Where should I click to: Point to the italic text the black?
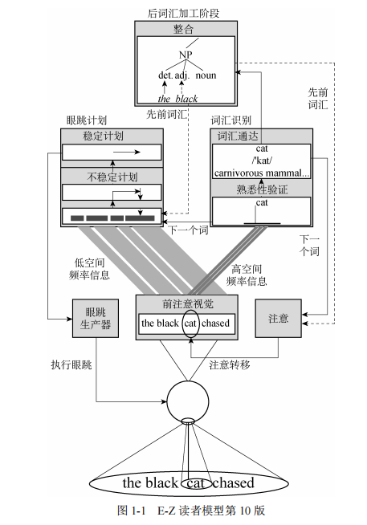tap(177, 98)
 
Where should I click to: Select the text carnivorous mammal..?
tap(261, 172)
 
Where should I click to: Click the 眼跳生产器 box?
tap(94, 319)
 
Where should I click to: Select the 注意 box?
tap(277, 319)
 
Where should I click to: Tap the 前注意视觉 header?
tap(186, 303)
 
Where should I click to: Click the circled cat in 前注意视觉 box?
tap(190, 324)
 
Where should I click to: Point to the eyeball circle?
tap(187, 398)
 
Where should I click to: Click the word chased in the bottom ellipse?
tap(234, 482)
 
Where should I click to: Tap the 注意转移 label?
tap(230, 364)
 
